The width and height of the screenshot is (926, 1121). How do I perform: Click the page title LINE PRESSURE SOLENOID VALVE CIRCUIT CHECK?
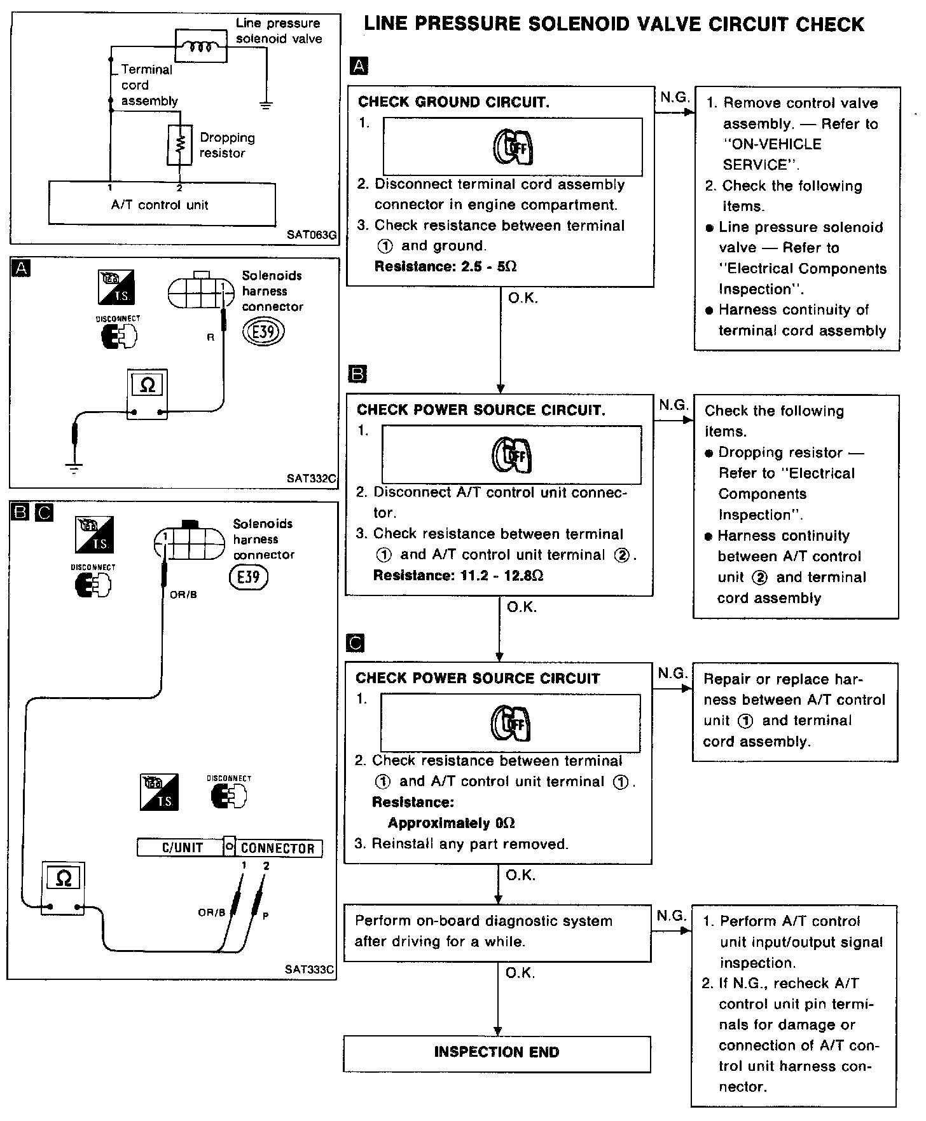point(613,25)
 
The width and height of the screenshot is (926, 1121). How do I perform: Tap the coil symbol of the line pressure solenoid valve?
point(201,46)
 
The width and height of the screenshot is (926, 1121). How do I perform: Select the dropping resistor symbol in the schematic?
point(179,145)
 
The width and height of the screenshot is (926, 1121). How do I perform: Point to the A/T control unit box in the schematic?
point(162,204)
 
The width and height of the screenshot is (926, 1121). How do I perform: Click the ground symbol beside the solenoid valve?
point(266,104)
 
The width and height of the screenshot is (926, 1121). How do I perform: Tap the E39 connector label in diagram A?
point(263,331)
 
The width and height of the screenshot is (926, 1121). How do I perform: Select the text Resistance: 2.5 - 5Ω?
point(445,266)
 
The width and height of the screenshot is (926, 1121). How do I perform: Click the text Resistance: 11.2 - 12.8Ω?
point(458,576)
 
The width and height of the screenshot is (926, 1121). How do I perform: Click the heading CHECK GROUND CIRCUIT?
point(453,102)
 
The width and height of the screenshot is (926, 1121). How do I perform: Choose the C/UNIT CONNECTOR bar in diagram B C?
point(230,848)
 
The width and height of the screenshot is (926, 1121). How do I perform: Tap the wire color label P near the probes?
point(265,916)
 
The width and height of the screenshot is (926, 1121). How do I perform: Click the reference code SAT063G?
point(311,234)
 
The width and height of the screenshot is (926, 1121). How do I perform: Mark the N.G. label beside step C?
point(672,672)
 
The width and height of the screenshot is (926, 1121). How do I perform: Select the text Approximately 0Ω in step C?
point(451,823)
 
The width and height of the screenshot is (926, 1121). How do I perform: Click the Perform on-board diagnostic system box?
point(497,931)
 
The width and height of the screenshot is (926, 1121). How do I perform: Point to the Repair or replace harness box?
point(794,710)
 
